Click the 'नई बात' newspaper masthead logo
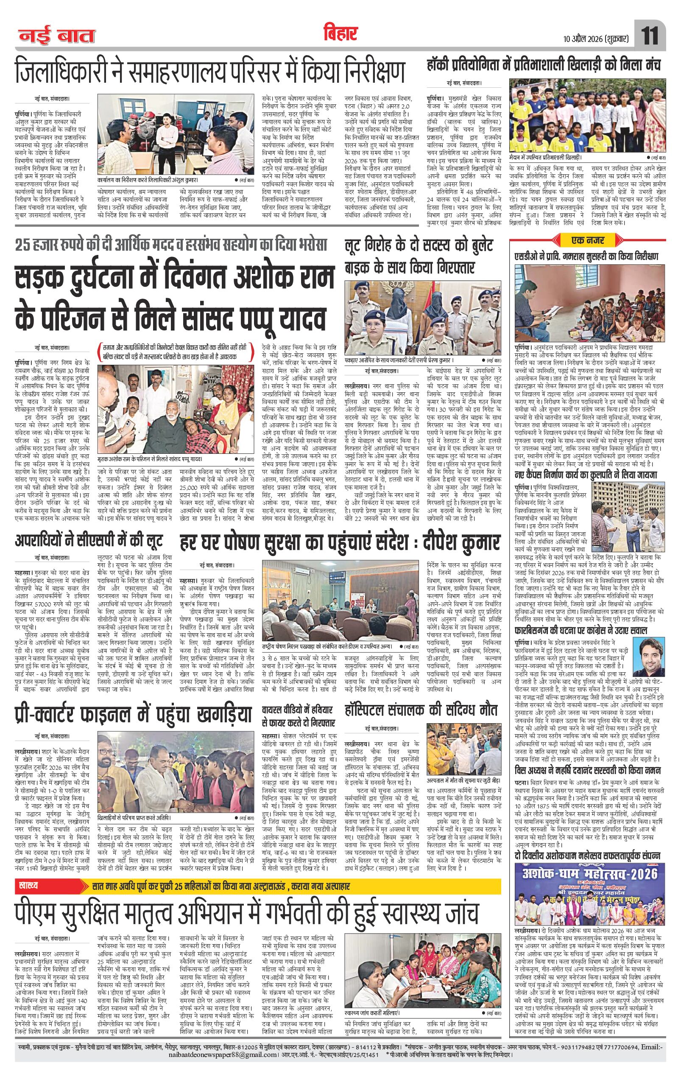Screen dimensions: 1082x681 click(x=56, y=36)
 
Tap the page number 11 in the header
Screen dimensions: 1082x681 click(x=650, y=36)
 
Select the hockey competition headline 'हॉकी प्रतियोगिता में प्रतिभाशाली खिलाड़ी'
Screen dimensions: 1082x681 click(x=544, y=66)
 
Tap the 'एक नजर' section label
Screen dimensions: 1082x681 click(x=587, y=240)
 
